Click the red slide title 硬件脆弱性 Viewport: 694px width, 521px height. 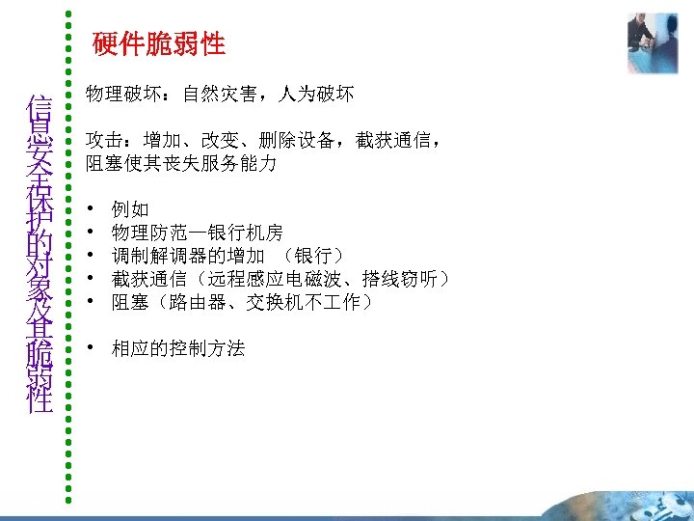pos(159,43)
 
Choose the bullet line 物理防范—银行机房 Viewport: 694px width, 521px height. pos(197,233)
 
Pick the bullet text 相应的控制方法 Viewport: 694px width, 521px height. pos(178,348)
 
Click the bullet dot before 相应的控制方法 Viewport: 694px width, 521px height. pos(90,348)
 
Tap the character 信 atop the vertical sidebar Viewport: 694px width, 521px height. pos(40,104)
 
